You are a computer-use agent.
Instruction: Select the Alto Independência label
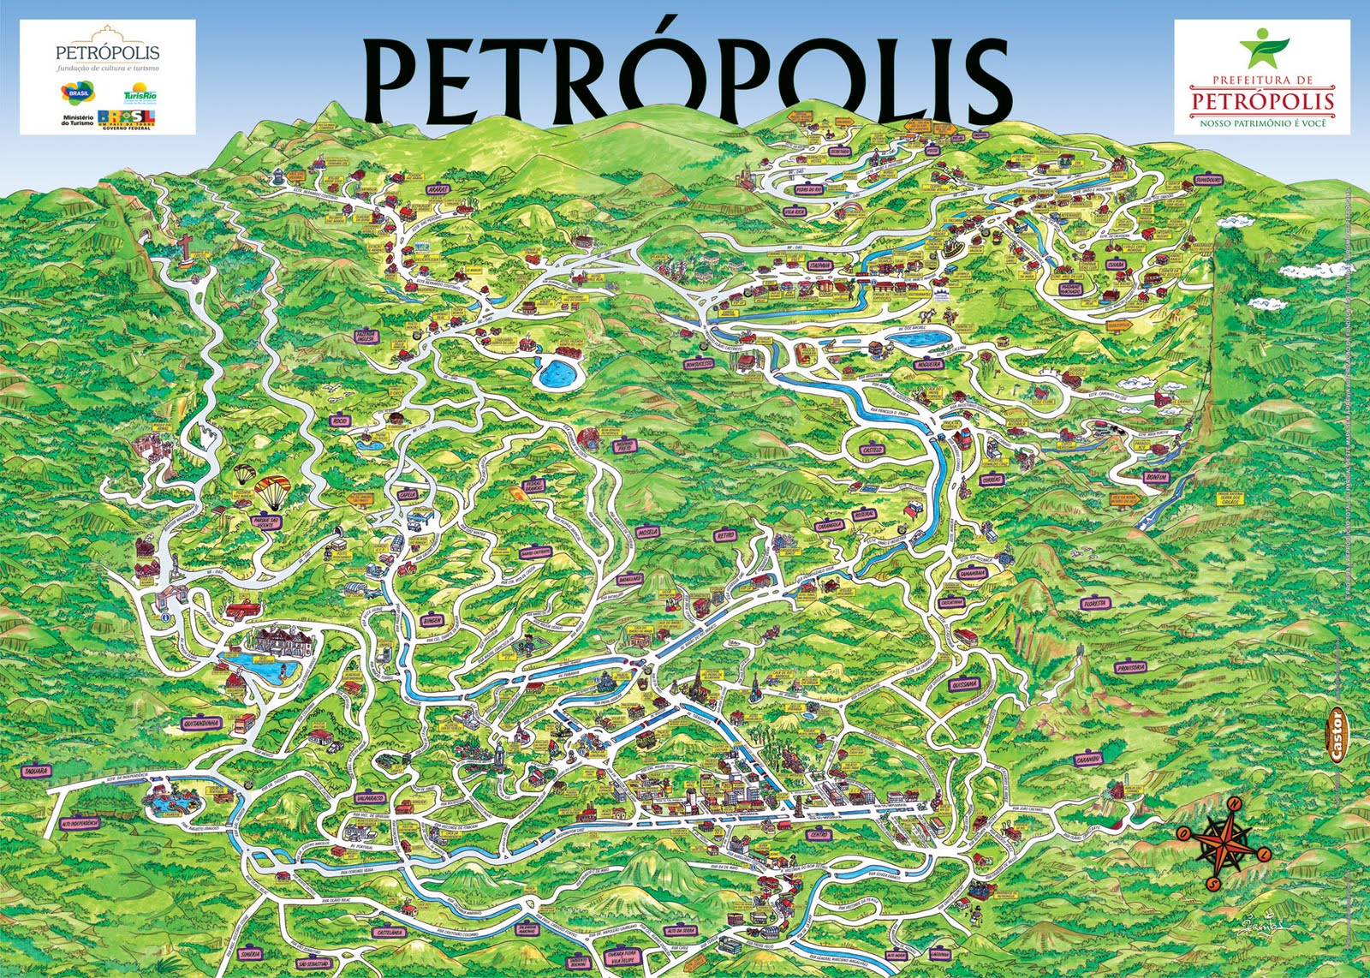point(80,822)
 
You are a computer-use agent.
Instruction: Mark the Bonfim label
point(1155,477)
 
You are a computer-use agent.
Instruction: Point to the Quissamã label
point(964,684)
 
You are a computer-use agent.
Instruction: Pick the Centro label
point(819,833)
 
